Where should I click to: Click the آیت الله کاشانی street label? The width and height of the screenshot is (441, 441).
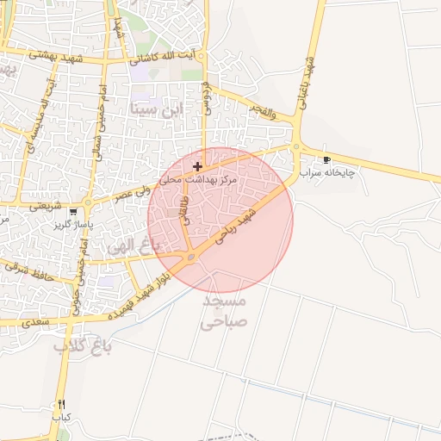click(163, 60)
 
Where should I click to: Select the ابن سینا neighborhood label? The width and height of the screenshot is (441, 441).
click(157, 109)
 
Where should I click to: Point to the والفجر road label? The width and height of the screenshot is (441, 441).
click(258, 111)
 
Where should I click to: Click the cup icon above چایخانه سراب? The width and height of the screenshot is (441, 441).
click(326, 160)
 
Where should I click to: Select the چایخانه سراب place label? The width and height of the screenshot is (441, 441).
click(328, 173)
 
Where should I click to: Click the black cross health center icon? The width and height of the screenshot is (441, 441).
click(198, 165)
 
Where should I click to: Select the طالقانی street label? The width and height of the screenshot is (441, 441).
click(183, 210)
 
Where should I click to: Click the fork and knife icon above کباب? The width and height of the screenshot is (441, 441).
click(61, 404)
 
